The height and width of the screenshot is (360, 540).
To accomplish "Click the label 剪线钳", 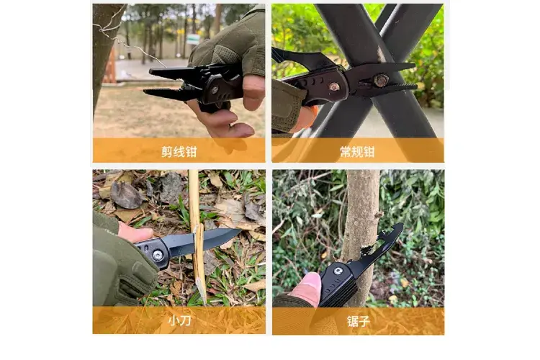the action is tap(179, 152).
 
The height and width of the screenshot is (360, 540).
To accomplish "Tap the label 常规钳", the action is tap(357, 152).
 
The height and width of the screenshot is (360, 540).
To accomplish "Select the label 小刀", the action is tap(179, 320).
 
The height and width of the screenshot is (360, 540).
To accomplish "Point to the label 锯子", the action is tap(358, 321).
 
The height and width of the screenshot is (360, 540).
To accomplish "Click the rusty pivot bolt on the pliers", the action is tap(381, 81).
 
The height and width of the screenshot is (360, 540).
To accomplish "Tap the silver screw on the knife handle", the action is tap(158, 256).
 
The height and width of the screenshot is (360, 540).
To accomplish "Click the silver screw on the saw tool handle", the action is tap(338, 271).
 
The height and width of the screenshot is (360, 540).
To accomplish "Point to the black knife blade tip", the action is tap(240, 230).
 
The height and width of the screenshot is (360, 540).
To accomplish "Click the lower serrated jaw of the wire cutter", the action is tap(166, 94).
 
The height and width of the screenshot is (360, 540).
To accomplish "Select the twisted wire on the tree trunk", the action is tap(123, 39).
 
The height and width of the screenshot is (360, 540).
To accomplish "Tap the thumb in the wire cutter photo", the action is tap(253, 92).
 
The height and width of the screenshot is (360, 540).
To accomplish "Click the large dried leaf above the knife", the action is tap(125, 195).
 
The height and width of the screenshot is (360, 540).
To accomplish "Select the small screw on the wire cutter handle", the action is tap(215, 90).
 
